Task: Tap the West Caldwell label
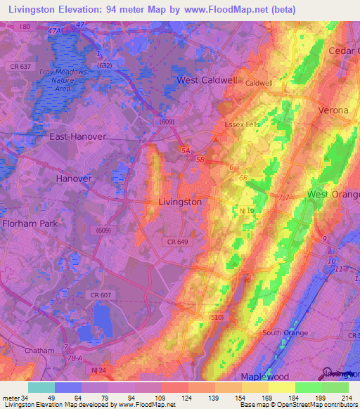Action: click(207, 80)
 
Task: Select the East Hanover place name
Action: click(77, 136)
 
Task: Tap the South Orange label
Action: click(285, 332)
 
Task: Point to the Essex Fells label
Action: click(242, 124)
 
